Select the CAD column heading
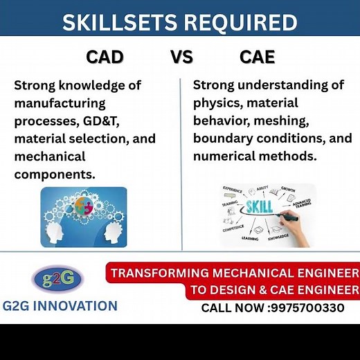point(105,57)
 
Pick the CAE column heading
point(257,57)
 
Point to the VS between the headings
point(181,57)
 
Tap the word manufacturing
point(60,103)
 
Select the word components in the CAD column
point(55,174)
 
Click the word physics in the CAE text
point(221,103)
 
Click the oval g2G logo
point(57,278)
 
